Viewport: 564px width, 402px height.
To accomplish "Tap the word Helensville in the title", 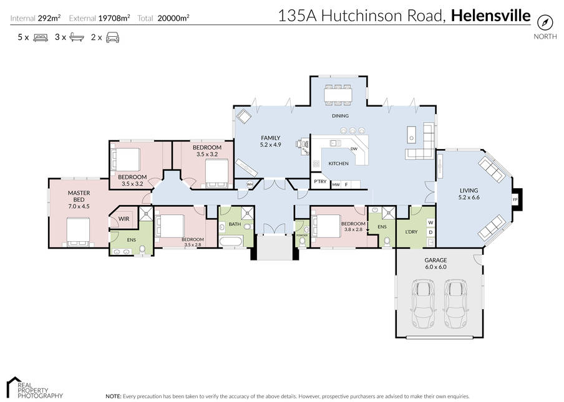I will click(490, 16).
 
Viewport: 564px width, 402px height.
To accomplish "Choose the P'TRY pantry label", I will click(320, 181).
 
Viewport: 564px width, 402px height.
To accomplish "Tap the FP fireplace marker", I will click(515, 199).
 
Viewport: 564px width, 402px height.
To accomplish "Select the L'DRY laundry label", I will click(411, 232).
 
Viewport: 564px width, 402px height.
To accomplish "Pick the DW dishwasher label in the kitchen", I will click(354, 149).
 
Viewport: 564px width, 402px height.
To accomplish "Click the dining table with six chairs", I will click(338, 95).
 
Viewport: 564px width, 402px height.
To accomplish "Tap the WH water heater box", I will click(250, 184).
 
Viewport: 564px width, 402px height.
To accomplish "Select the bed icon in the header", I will click(41, 37).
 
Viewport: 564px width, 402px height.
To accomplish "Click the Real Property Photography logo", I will click(34, 388).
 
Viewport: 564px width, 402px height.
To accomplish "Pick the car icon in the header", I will click(113, 37).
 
